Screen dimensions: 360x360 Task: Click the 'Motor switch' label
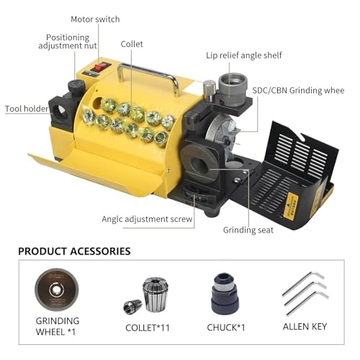(x=95, y=19)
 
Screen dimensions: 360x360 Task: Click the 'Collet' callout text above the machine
(x=131, y=43)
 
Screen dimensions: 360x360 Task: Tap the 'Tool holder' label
(x=27, y=109)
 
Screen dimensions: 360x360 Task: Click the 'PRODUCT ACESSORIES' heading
(x=74, y=251)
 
